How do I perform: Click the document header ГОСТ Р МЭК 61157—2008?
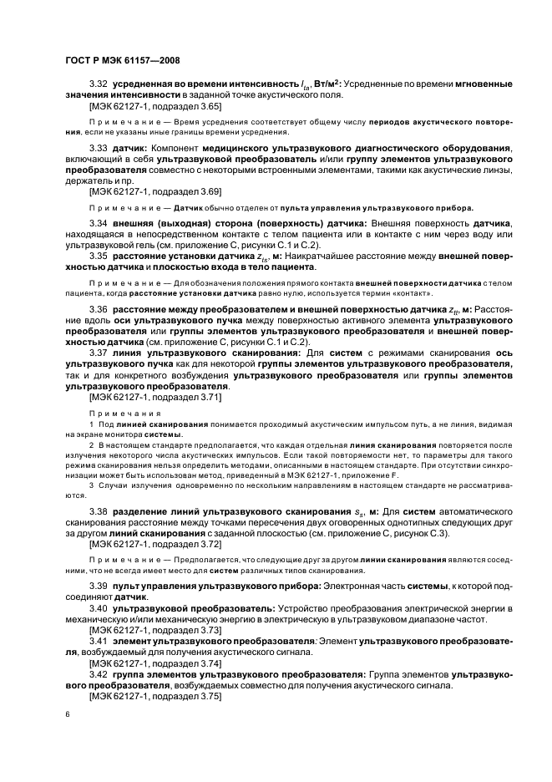123,60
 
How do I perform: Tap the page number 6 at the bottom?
68,715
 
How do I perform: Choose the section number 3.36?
98,310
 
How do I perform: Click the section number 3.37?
98,354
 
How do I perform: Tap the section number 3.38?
98,510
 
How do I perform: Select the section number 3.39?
98,585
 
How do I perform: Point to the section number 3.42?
98,673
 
